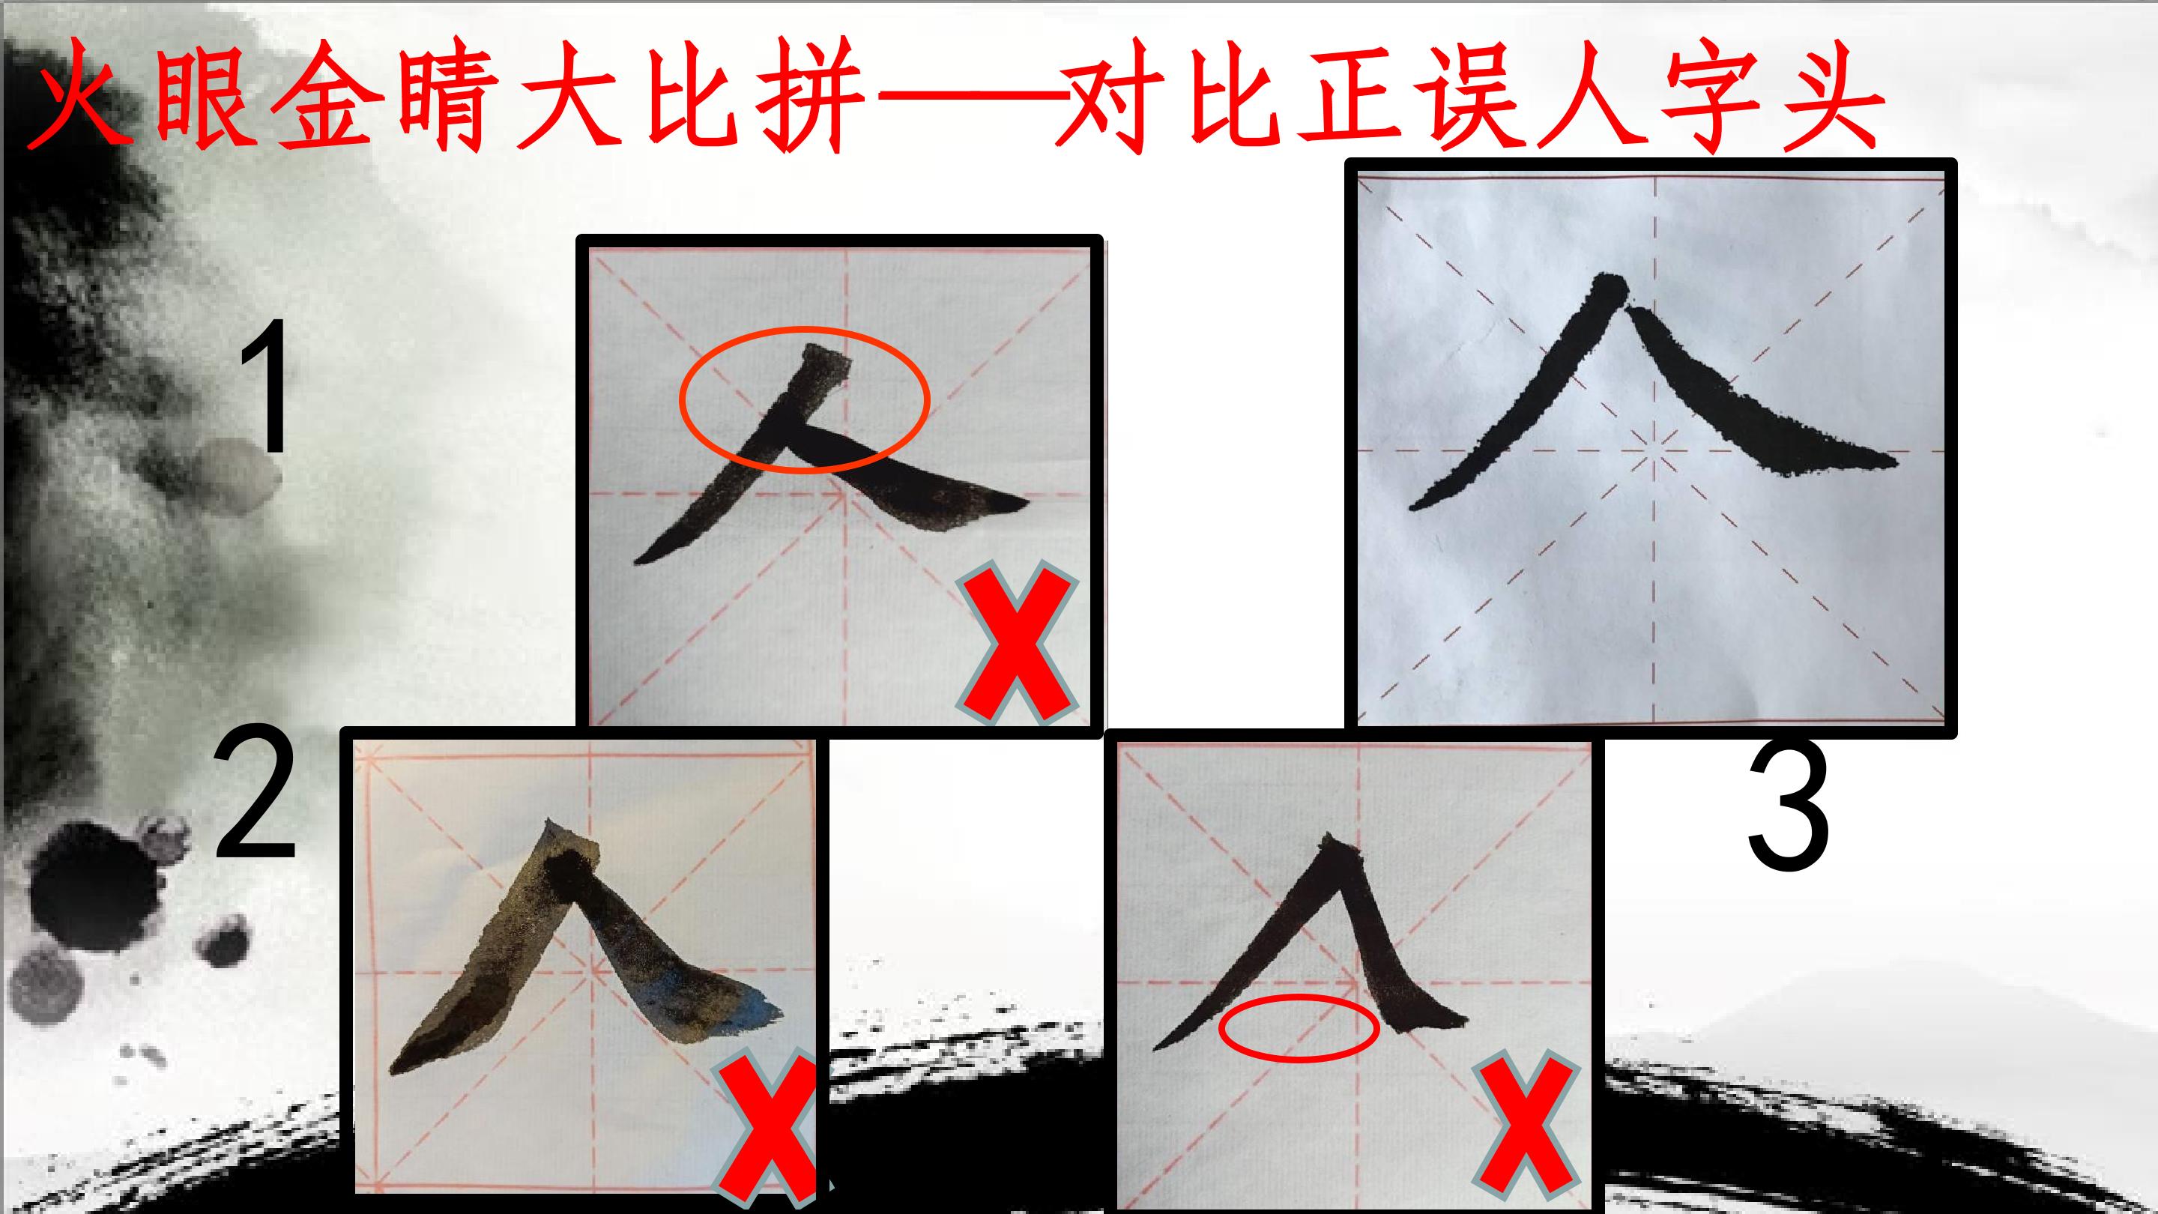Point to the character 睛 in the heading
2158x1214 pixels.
(453, 97)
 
